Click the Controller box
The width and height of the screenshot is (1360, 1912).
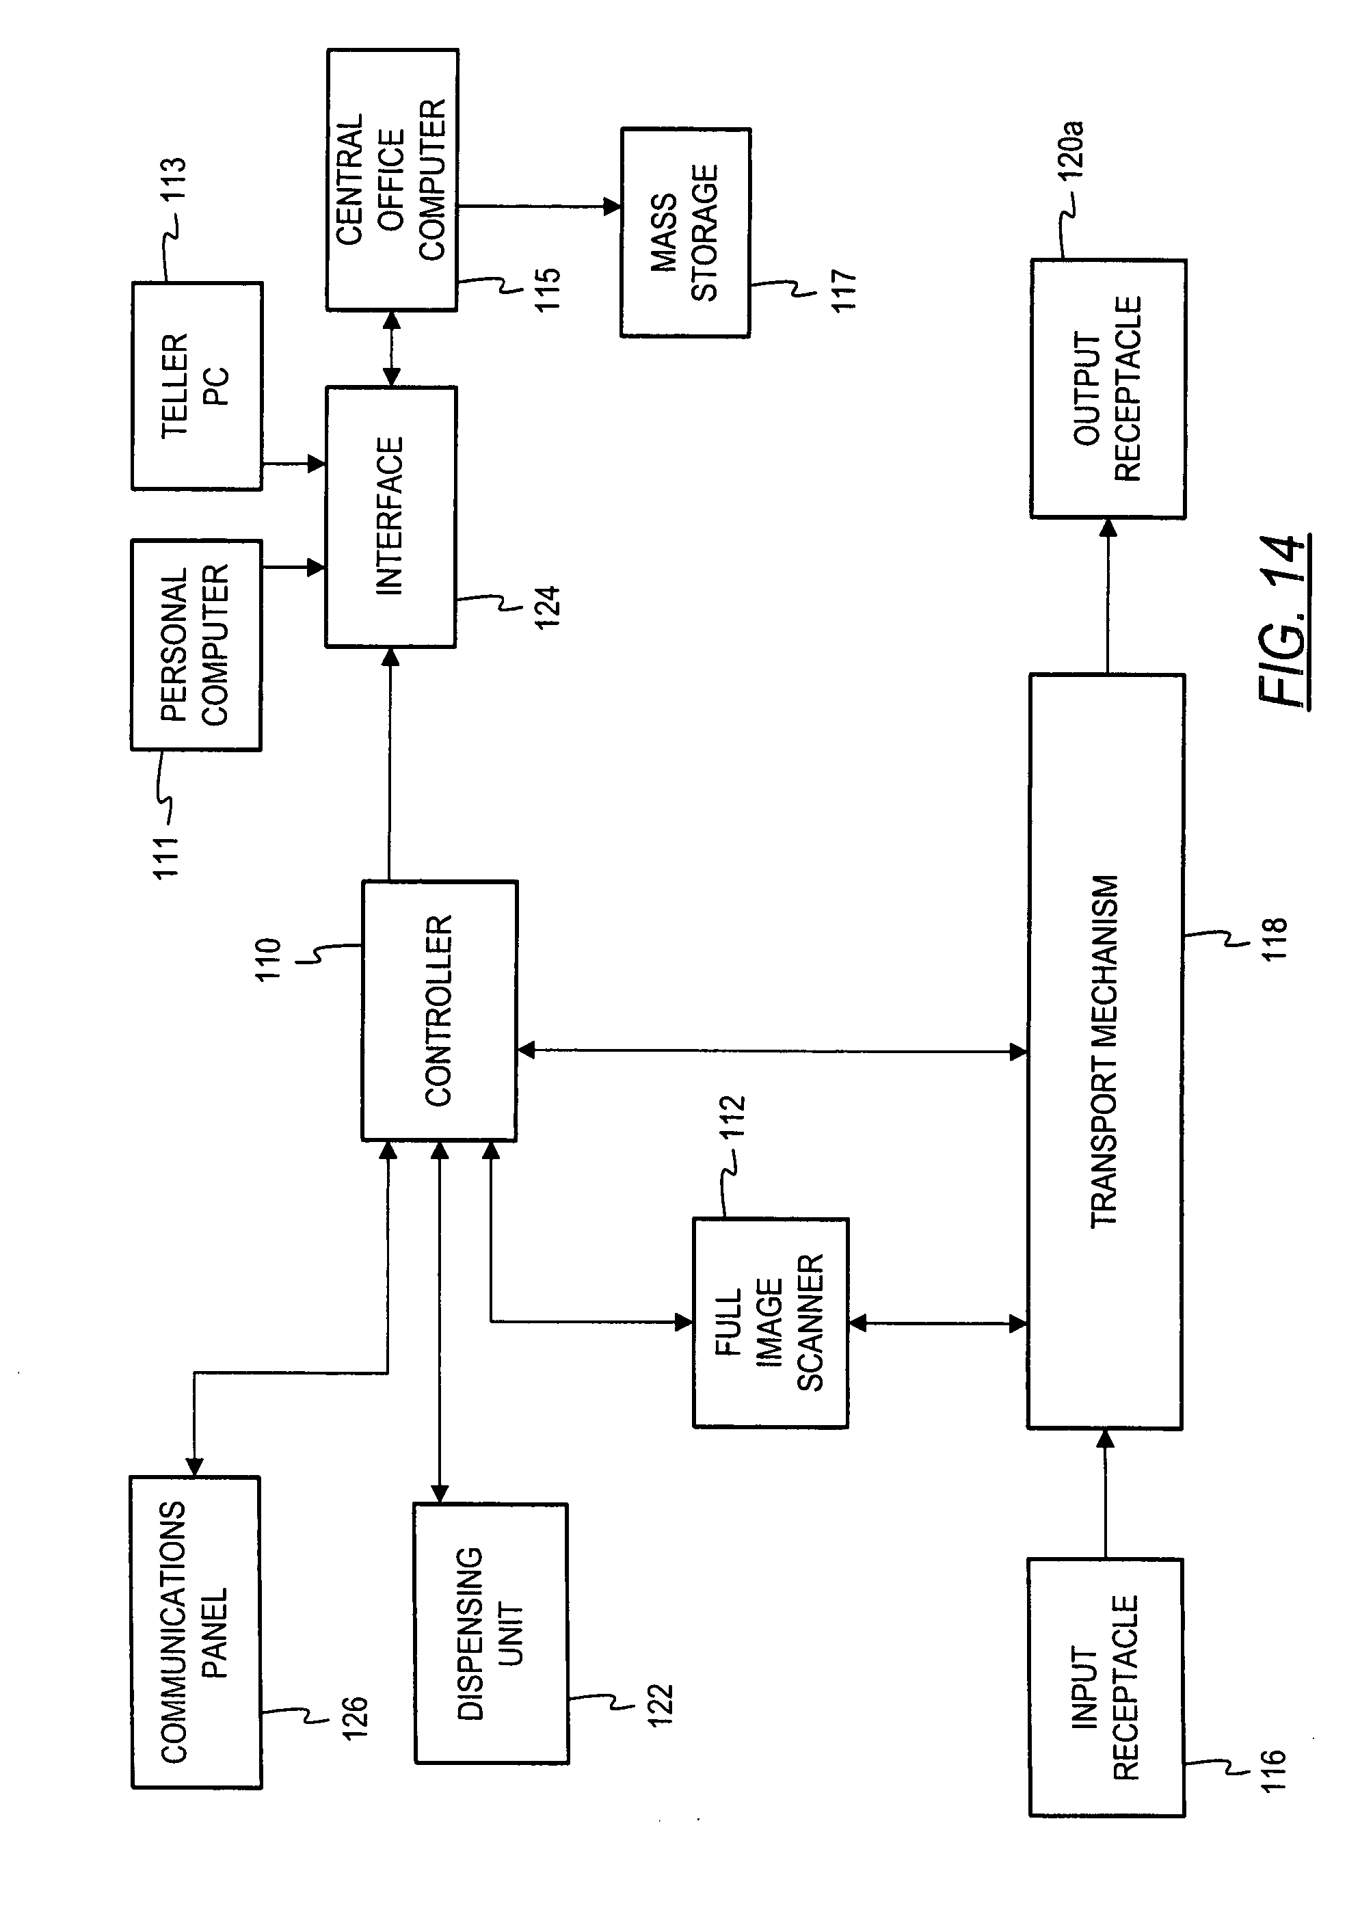click(439, 1010)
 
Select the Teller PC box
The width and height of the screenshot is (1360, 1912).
click(197, 386)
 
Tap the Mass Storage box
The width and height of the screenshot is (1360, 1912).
click(685, 233)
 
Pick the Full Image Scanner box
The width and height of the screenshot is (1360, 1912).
click(771, 1323)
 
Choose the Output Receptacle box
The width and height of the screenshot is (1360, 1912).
click(1108, 388)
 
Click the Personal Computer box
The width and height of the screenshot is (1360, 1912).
click(196, 645)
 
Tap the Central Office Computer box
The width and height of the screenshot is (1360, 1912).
click(392, 180)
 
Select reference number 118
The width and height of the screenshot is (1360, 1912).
click(1273, 939)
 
